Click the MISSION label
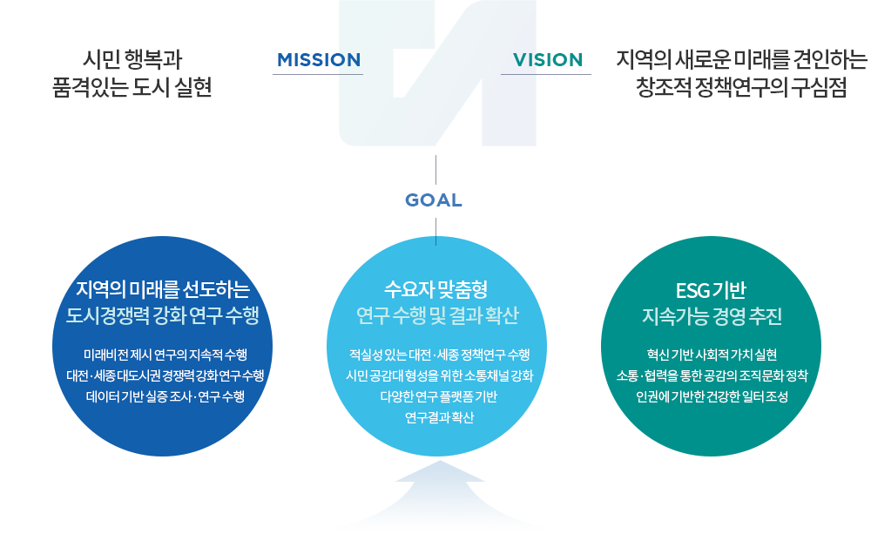pos(319,60)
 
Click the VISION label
pos(548,60)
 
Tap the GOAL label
pos(434,200)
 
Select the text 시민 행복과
pos(132,59)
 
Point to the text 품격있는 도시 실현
pos(132,87)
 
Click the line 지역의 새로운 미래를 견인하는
pos(741,59)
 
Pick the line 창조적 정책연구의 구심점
pos(741,87)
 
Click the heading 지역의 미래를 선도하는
pos(163,289)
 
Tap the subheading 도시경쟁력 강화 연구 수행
pos(163,315)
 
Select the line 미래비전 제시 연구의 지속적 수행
pos(165,355)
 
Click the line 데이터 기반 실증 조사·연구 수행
pos(165,396)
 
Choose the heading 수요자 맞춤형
pos(436,289)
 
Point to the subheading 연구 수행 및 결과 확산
pos(437,315)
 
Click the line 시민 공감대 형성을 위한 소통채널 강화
pos(439,376)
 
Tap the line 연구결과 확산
pos(439,417)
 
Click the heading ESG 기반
pos(711,290)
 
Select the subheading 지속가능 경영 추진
pos(712,316)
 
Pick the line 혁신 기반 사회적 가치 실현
pos(712,355)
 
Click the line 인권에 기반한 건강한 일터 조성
pos(712,396)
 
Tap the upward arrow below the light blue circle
pos(439,494)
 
